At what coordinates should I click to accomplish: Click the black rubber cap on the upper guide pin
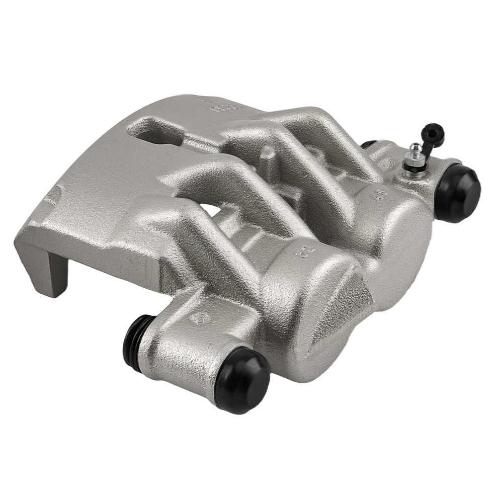click(456, 194)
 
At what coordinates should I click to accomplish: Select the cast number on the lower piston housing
click(301, 250)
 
